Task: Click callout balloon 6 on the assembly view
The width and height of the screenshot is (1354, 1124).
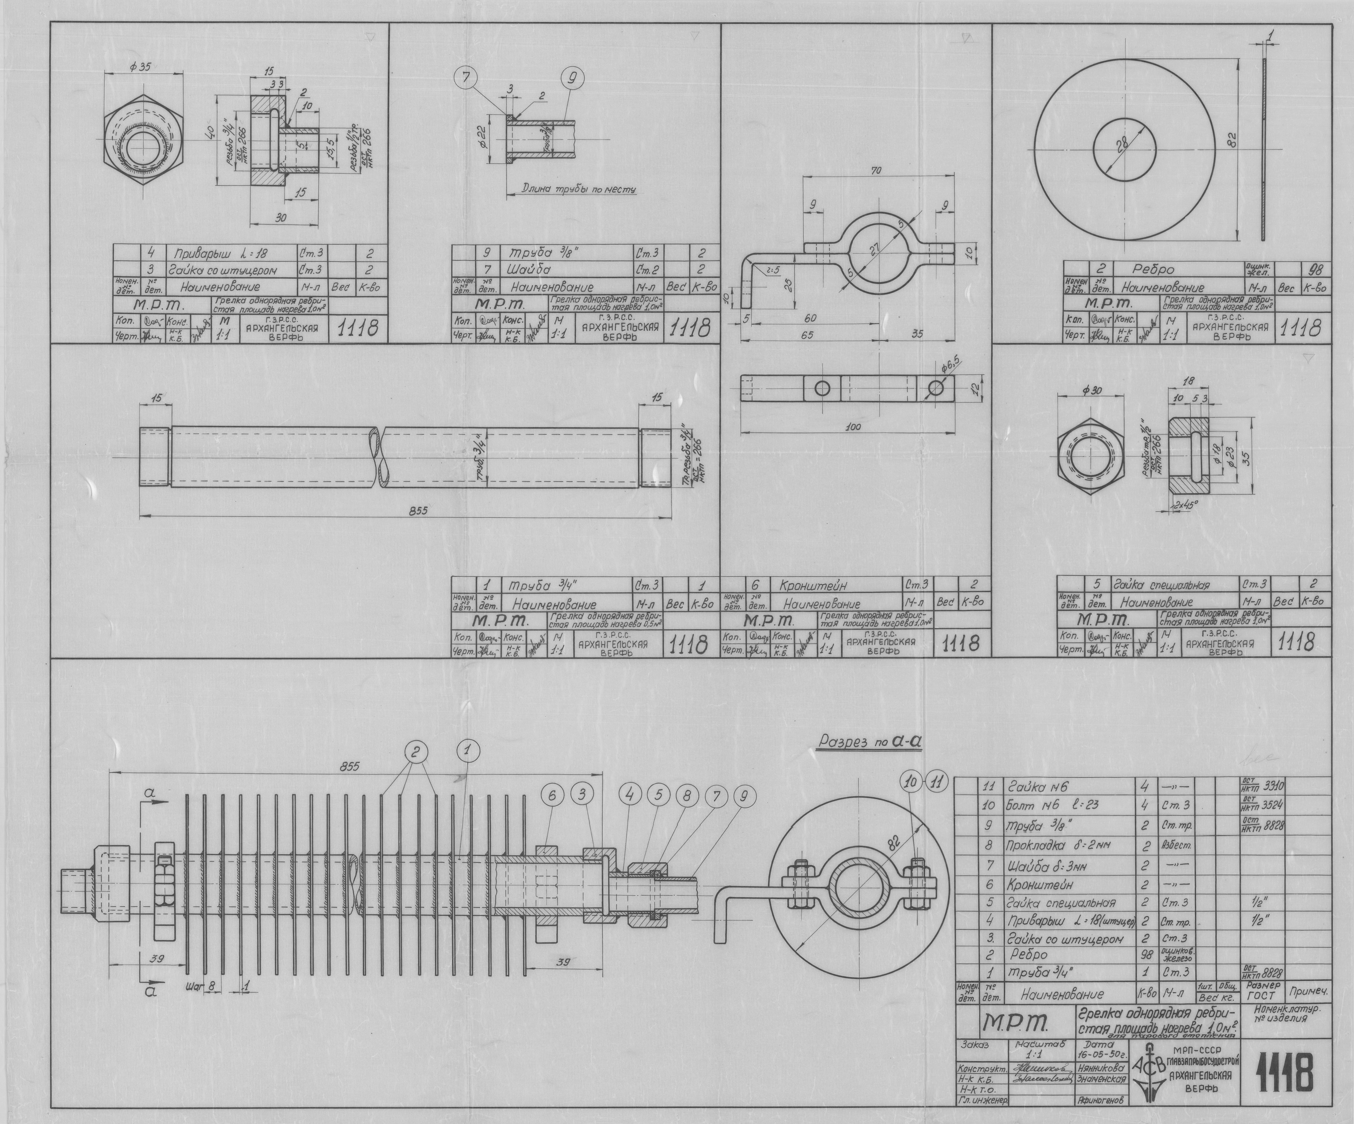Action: point(553,796)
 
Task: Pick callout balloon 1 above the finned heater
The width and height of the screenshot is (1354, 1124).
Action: point(468,750)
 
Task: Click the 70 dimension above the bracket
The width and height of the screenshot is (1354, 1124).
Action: point(876,171)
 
